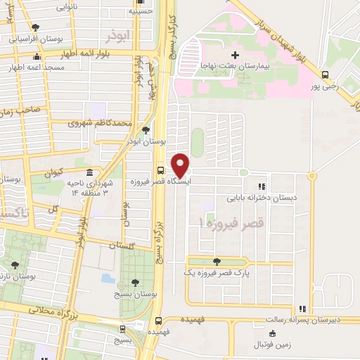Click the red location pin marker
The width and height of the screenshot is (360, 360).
click(181, 165)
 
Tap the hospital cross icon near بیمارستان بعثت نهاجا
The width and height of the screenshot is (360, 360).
click(235, 55)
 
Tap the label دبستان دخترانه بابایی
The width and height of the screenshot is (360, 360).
click(261, 198)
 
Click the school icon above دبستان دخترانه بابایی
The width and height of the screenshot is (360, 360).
click(262, 186)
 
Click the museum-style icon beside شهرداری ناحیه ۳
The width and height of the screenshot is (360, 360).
click(89, 172)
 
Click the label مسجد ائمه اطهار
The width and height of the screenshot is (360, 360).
click(37, 68)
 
